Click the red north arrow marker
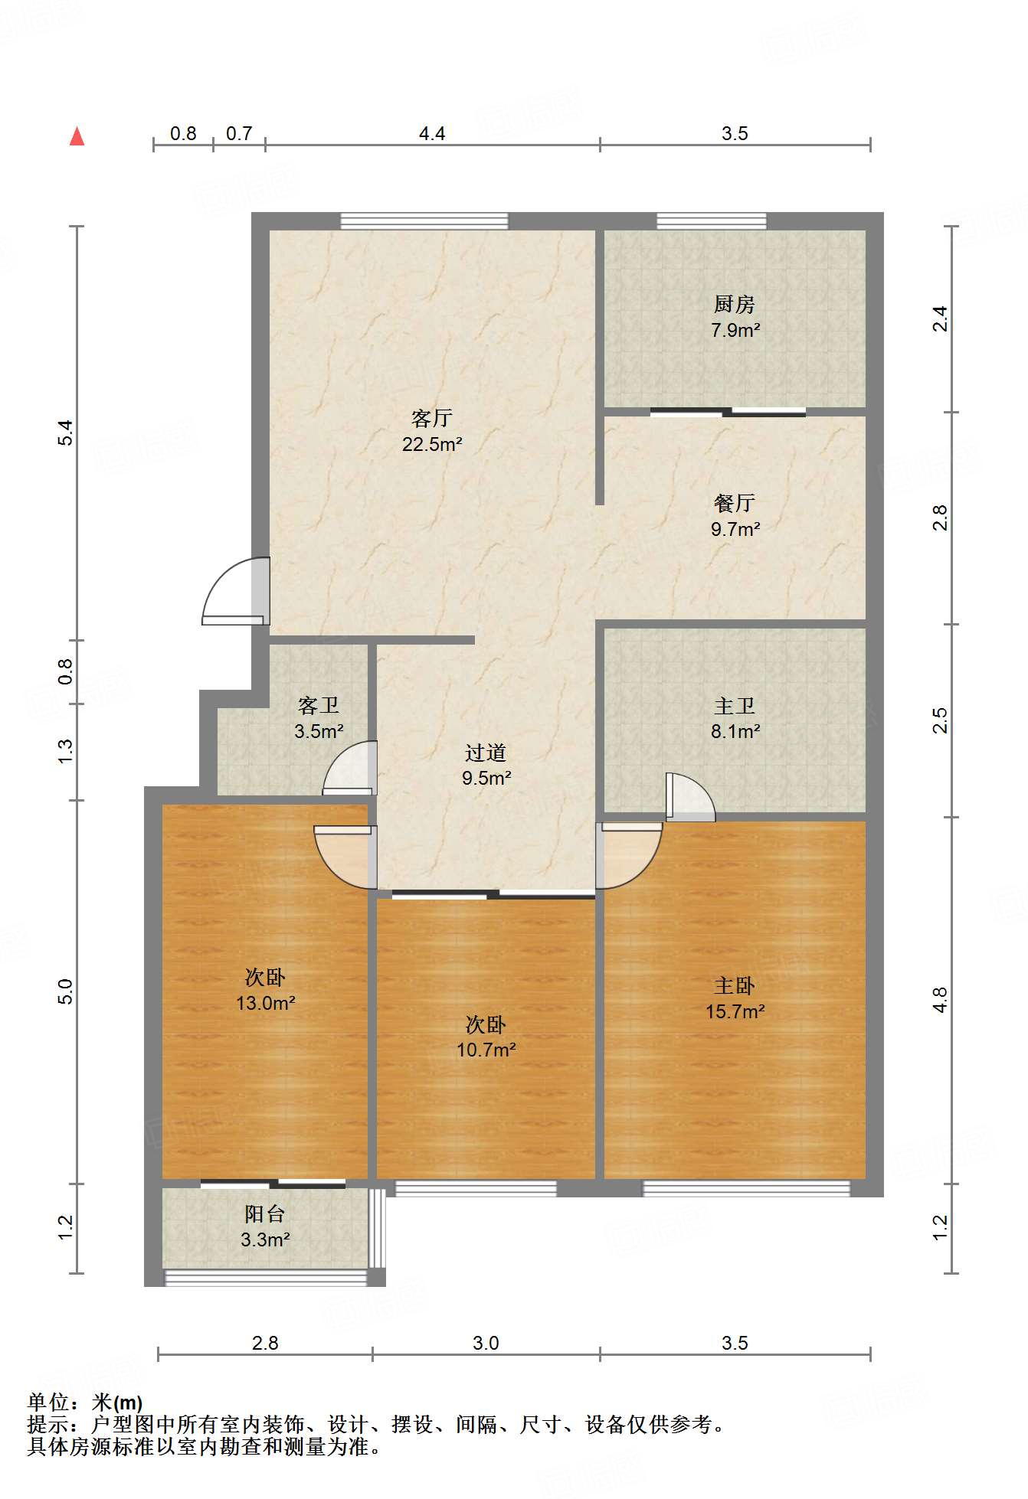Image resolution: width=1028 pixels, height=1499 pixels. [77, 136]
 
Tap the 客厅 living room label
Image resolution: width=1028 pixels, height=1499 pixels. [432, 418]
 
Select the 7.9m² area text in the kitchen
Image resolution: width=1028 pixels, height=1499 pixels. [735, 330]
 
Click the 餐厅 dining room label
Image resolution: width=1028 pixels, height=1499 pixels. [735, 503]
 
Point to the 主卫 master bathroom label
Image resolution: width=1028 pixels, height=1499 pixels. [735, 706]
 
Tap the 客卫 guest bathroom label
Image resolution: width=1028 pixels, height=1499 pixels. [319, 705]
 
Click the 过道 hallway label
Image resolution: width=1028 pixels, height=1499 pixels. [486, 753]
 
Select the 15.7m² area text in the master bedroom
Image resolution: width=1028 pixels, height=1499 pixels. [735, 1011]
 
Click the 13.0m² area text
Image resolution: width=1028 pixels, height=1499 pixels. [266, 1003]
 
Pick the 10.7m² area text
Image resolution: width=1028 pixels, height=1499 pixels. [486, 1050]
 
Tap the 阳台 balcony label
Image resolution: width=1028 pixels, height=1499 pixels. [265, 1213]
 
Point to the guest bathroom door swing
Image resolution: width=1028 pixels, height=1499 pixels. [349, 768]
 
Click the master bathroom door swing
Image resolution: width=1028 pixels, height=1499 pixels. [690, 797]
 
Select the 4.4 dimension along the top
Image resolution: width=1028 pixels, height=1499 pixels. [432, 133]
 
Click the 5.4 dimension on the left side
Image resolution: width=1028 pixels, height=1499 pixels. [67, 433]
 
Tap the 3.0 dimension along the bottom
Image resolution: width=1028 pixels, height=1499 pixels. [486, 1343]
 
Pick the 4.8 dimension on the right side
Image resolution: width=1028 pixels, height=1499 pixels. [941, 1000]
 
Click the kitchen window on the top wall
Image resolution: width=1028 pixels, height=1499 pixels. [712, 221]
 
